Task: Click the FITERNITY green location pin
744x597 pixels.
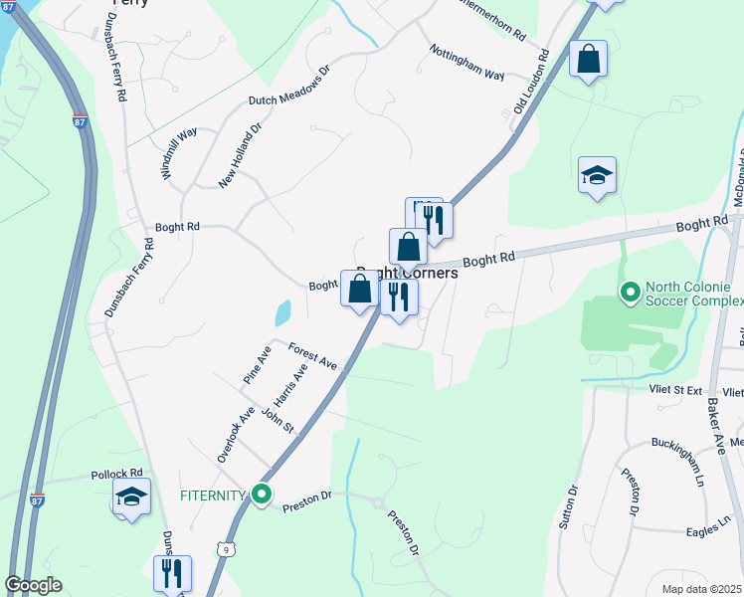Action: [262, 494]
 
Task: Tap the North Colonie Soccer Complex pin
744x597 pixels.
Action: [629, 293]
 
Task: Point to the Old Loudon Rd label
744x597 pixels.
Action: [531, 83]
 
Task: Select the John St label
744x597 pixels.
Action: [278, 420]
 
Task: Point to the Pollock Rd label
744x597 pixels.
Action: [117, 474]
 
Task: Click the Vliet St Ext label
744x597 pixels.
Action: [676, 391]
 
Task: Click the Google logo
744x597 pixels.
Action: [34, 585]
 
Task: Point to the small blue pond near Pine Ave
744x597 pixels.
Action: [282, 313]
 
